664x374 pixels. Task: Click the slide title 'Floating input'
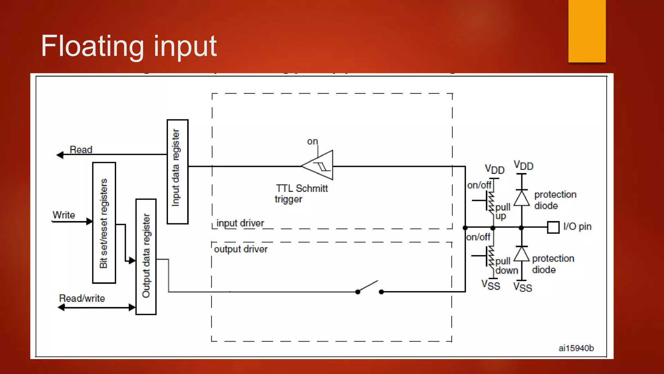coord(128,46)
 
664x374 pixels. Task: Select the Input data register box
coord(177,171)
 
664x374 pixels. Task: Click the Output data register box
coord(146,256)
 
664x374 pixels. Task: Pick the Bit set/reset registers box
coord(104,223)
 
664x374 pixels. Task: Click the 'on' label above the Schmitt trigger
coord(313,142)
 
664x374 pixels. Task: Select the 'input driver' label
coord(240,223)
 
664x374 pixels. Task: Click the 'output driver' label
coord(241,249)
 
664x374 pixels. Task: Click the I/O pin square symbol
coord(553,227)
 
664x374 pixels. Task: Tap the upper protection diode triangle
coord(521,198)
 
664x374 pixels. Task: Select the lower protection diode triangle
coord(521,254)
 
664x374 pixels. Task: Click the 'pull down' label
coord(506,266)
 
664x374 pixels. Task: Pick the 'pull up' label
coord(502,211)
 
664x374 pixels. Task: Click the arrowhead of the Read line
coord(60,155)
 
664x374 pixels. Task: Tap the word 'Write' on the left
coord(64,215)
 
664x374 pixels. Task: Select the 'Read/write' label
coord(82,298)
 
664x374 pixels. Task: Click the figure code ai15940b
coord(576,348)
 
